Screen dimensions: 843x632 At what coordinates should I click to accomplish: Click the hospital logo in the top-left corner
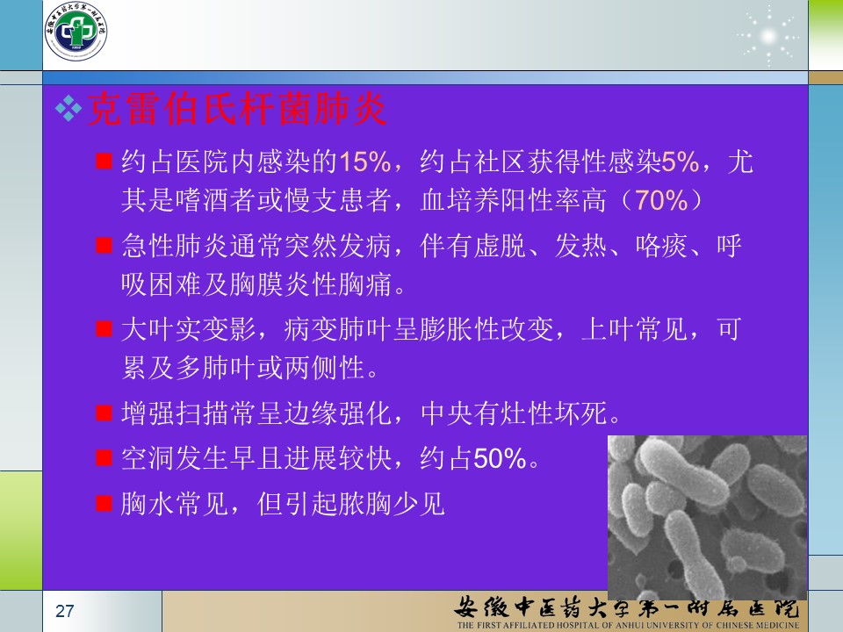[76, 32]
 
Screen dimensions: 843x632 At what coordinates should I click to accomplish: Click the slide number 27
[64, 611]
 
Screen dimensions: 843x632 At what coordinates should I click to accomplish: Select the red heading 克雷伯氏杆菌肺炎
[236, 109]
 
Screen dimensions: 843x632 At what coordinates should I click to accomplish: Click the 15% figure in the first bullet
[365, 162]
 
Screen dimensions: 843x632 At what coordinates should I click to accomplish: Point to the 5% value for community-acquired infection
[680, 162]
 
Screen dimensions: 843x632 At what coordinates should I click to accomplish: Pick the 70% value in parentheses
[662, 200]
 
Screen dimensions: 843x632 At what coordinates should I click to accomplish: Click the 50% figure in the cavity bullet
[500, 458]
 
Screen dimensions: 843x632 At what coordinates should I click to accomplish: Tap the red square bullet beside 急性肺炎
[104, 246]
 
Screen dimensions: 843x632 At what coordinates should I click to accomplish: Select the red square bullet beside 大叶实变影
[104, 329]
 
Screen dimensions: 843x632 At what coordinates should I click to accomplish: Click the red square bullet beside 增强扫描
[104, 413]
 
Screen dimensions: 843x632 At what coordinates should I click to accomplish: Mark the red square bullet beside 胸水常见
[104, 504]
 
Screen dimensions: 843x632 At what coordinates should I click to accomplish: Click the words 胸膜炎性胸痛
[311, 284]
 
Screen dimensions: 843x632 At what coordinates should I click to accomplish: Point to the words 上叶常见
[635, 329]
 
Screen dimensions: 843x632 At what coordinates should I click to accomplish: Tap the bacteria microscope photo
[707, 517]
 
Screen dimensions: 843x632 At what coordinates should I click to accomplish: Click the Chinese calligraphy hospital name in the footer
[627, 607]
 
